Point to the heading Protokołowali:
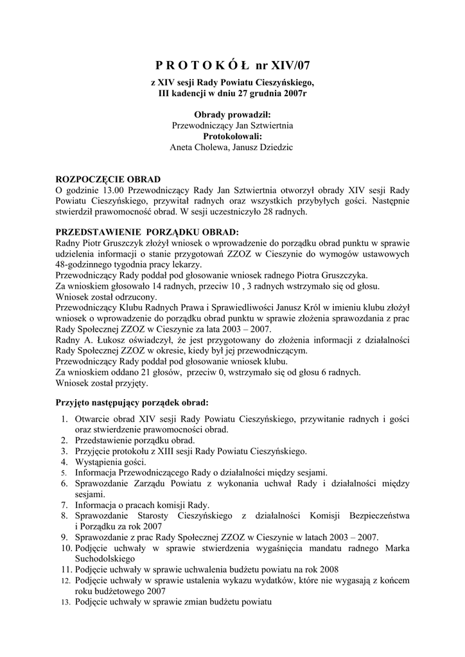point(232,137)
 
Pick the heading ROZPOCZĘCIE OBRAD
point(109,180)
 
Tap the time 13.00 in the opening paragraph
point(112,190)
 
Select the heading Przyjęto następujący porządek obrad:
point(132,404)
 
